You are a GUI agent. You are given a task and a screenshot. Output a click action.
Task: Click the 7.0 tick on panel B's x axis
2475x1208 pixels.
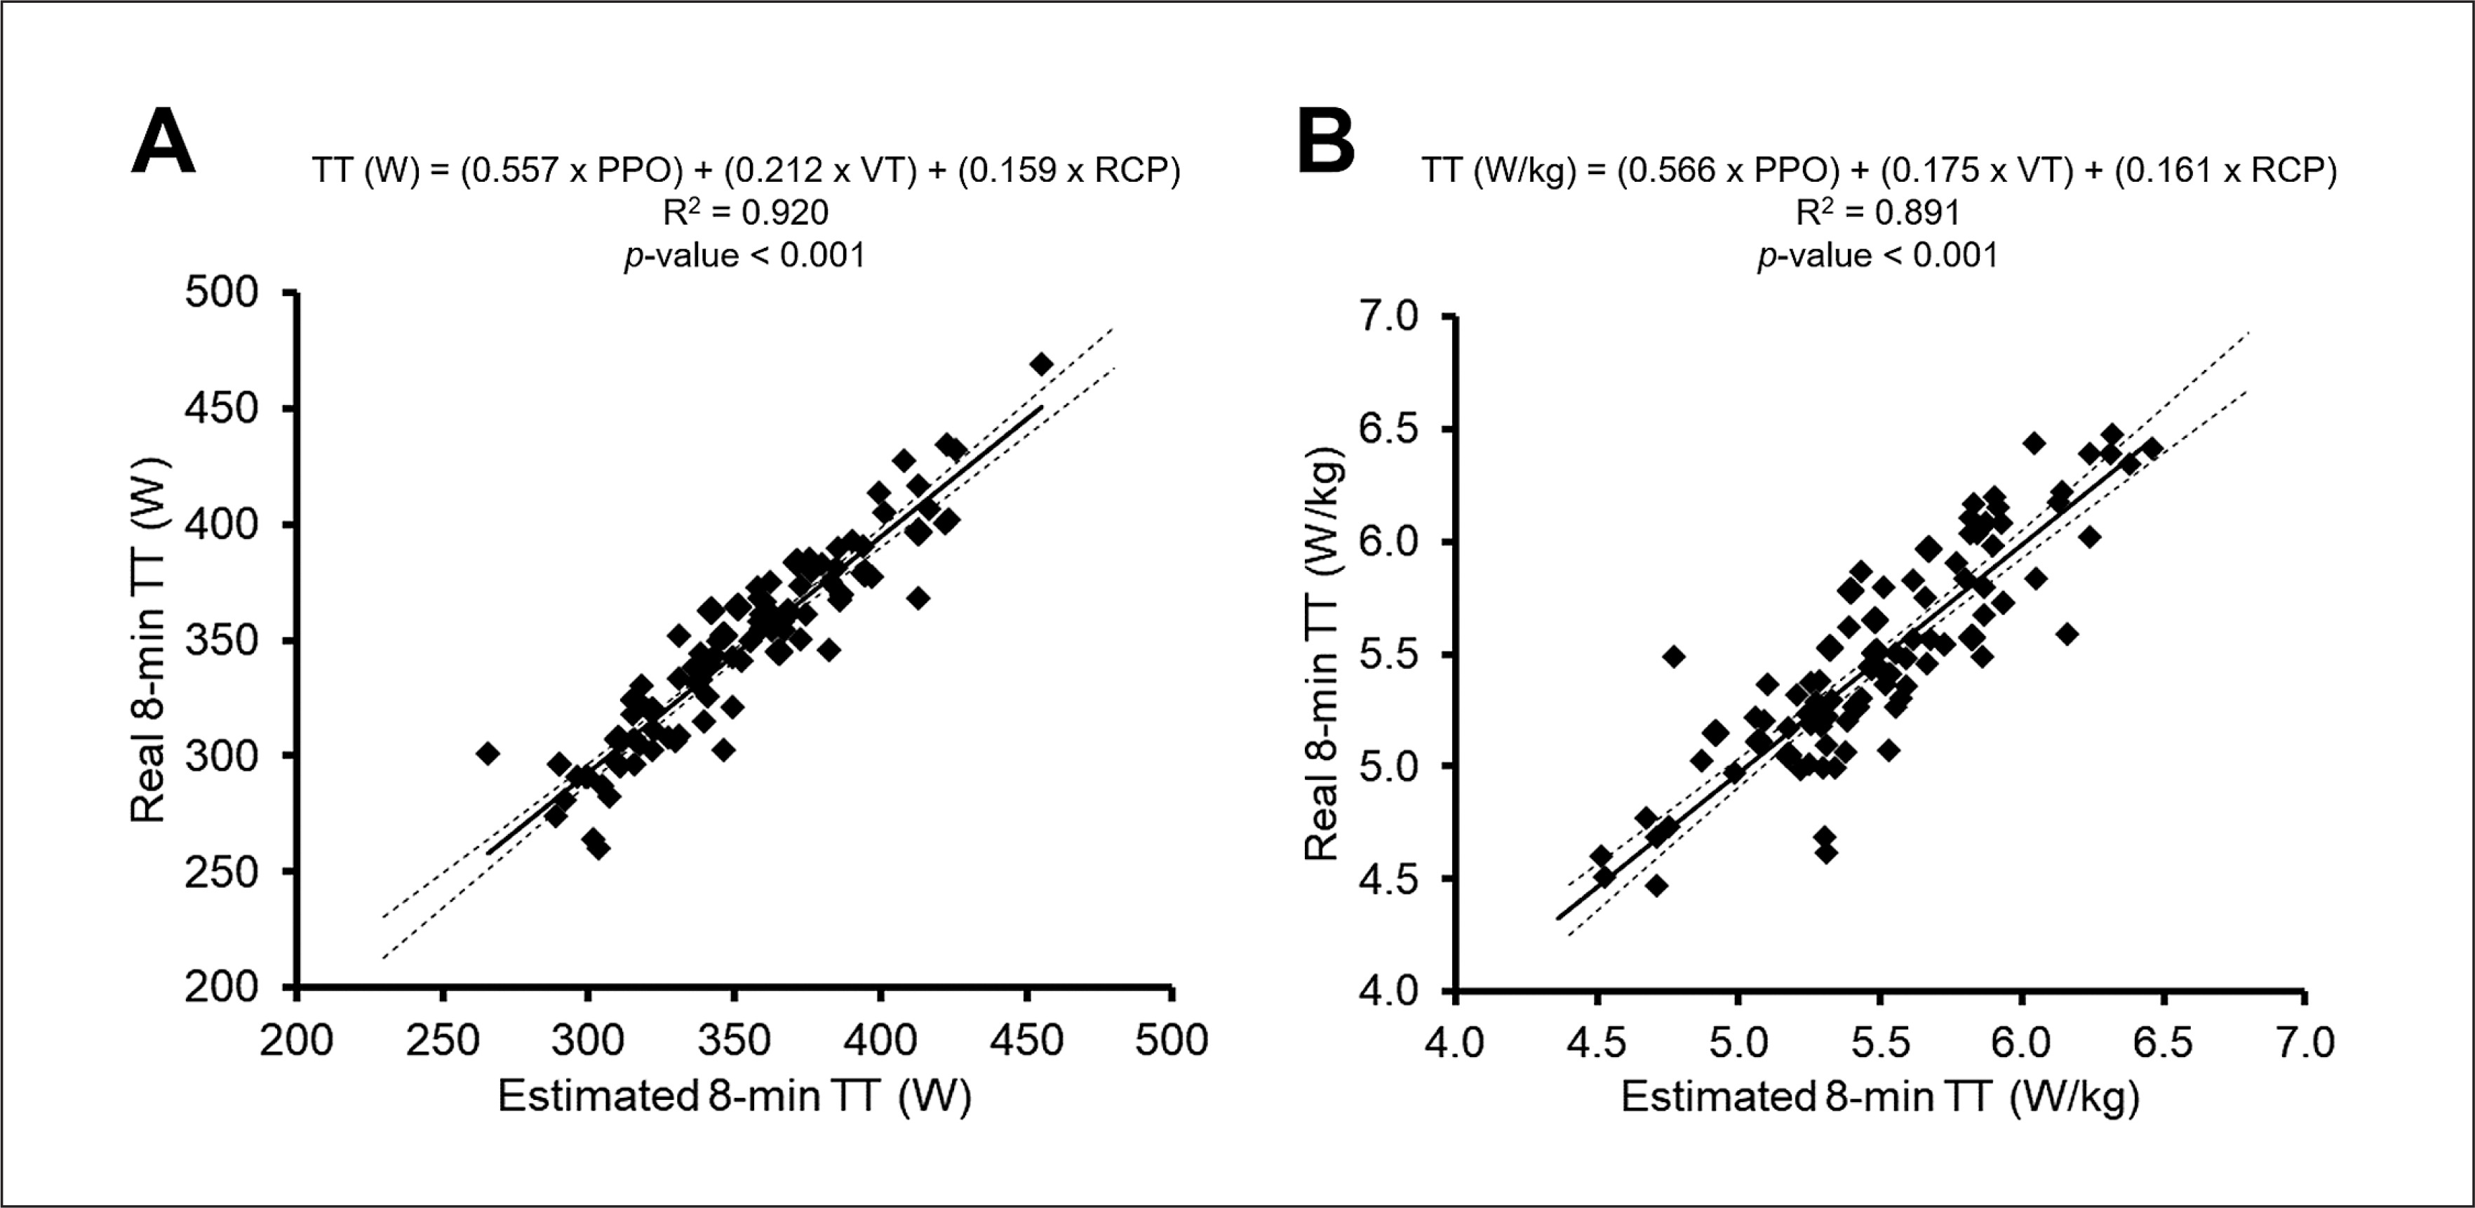pyautogui.click(x=2304, y=1042)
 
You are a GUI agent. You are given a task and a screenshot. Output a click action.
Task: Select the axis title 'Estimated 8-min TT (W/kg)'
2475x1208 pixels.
pyautogui.click(x=1879, y=1096)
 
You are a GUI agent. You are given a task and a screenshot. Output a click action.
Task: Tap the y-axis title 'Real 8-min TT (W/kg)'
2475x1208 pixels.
pyautogui.click(x=1322, y=653)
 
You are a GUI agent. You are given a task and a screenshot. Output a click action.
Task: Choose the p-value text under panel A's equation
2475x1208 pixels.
pyautogui.click(x=746, y=255)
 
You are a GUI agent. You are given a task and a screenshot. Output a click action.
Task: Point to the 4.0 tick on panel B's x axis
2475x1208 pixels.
pyautogui.click(x=1456, y=1042)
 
